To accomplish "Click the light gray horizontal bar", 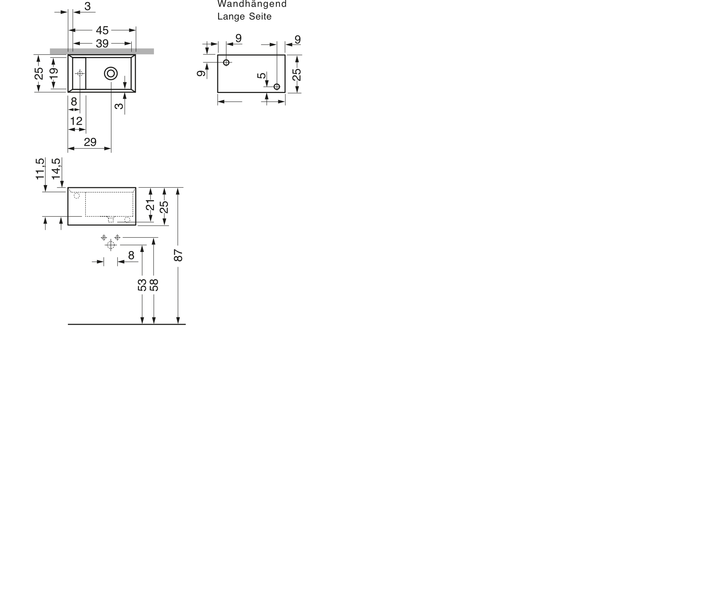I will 103,51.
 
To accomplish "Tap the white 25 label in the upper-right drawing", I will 297,74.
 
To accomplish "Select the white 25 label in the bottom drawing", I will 165,207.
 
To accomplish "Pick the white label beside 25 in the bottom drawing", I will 150,204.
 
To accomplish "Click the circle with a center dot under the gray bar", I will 110,74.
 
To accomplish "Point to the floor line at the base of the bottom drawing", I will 126,324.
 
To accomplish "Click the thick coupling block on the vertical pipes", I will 148,285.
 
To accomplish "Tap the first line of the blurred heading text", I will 252,4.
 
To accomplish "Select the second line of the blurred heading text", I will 244,17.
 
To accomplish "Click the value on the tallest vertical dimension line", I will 178,257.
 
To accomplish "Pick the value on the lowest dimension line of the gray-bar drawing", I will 90,142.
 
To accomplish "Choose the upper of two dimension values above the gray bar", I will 102,31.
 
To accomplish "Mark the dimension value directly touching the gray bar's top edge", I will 102,44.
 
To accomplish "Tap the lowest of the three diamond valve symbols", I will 110,246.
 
